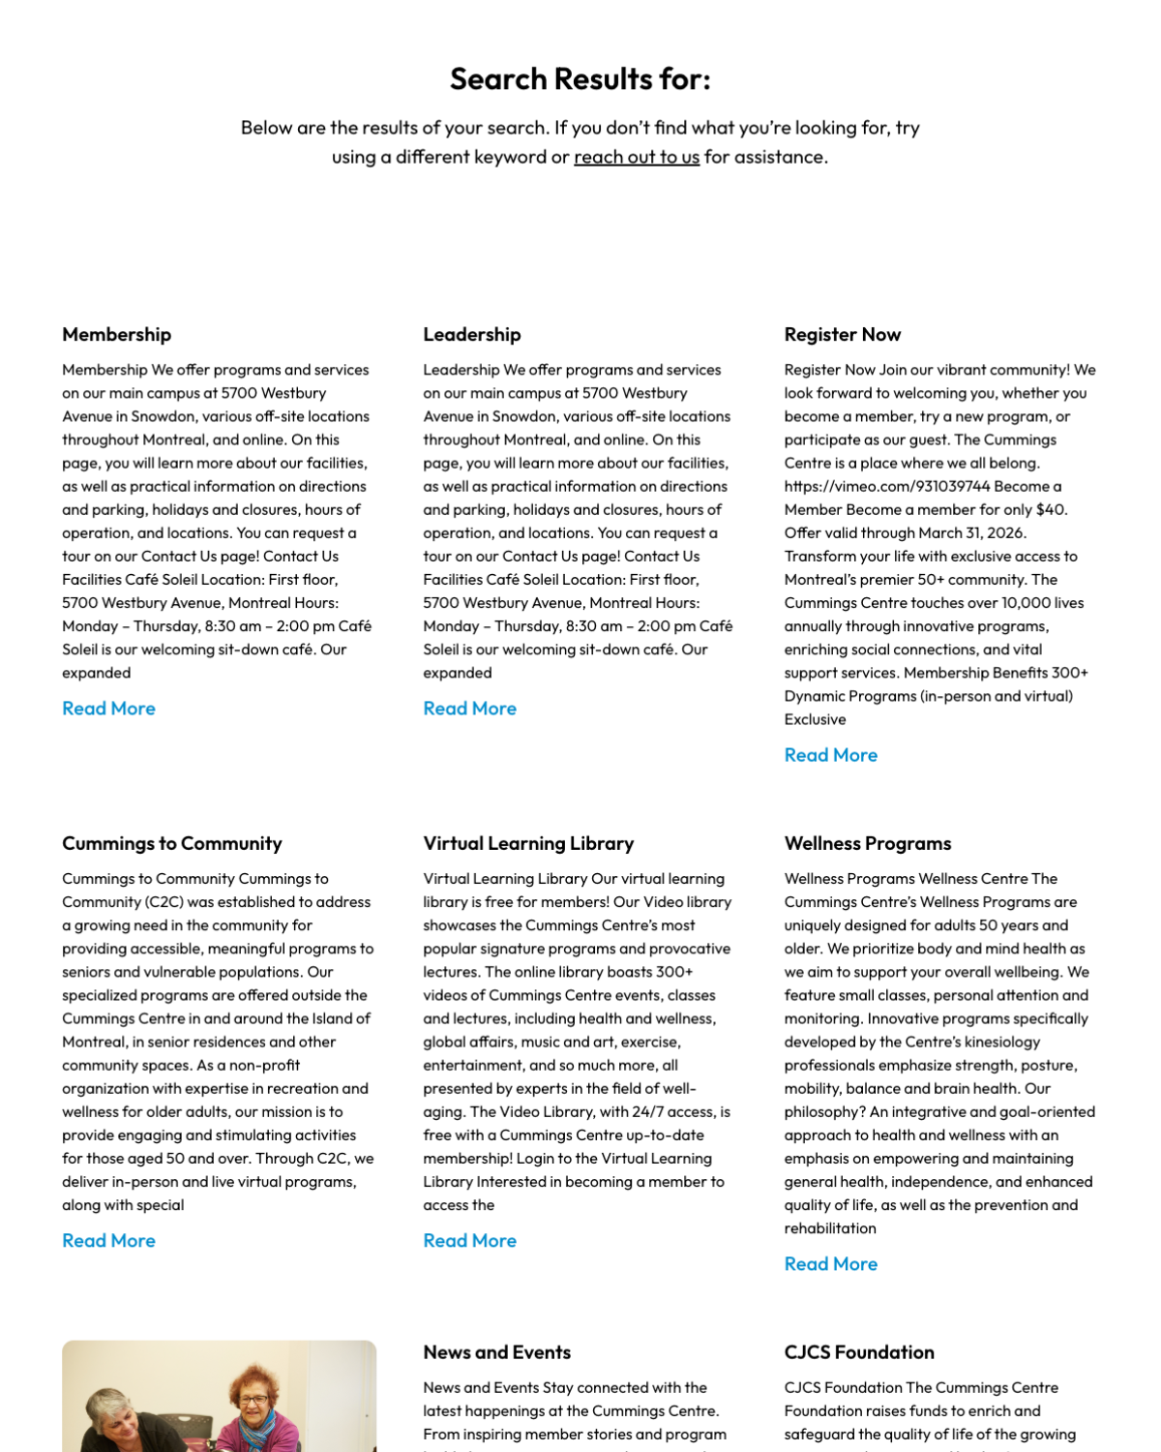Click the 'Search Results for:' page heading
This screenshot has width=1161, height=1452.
[580, 78]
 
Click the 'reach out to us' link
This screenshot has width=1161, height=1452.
[637, 157]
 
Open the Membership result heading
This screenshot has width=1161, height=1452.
[116, 334]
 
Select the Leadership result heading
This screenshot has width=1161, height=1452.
[471, 334]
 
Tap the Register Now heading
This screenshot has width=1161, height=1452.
[842, 334]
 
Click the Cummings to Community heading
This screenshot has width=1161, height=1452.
[171, 843]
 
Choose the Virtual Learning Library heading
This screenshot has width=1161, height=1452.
[528, 843]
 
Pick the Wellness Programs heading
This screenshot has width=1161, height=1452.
[867, 843]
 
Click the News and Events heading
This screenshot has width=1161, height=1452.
[496, 1352]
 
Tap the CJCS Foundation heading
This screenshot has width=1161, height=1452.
[858, 1352]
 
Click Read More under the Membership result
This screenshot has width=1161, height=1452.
[108, 709]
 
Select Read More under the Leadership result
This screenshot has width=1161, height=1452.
[469, 709]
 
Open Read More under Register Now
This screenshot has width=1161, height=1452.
[830, 755]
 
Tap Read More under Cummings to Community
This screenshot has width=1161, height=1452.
[108, 1241]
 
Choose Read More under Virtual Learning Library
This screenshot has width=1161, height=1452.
[469, 1241]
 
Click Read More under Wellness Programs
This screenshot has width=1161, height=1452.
[830, 1264]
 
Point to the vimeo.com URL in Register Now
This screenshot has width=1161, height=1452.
[887, 486]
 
